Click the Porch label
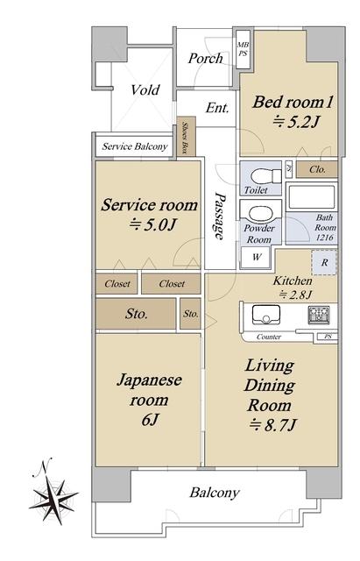(x=205, y=58)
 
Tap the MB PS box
(x=244, y=49)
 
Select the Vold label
(x=145, y=89)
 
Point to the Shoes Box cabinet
(x=187, y=137)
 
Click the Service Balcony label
(x=135, y=146)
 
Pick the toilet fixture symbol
(x=266, y=175)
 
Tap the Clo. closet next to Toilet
(x=317, y=169)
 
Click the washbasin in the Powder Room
(x=261, y=214)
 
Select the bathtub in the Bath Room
(x=311, y=196)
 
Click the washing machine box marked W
(x=256, y=257)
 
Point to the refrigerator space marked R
(x=324, y=263)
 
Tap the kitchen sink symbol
(x=265, y=315)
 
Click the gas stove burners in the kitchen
(x=319, y=315)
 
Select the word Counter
(x=269, y=337)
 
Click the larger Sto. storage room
(x=136, y=314)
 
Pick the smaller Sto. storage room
(x=191, y=314)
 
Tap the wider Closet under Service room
(x=171, y=284)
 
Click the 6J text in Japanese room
(x=150, y=420)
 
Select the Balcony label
(x=214, y=493)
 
